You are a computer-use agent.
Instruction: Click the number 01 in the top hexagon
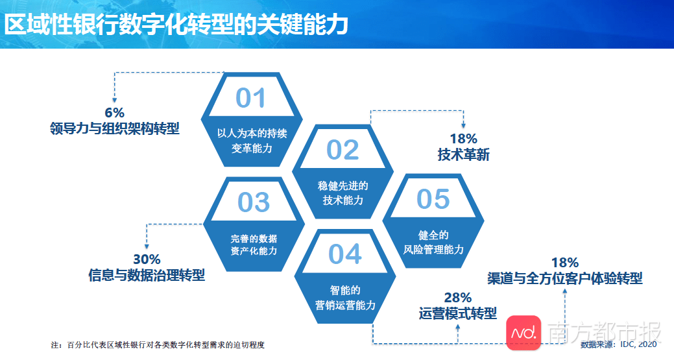point(250,98)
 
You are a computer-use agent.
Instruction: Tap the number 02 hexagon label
point(342,150)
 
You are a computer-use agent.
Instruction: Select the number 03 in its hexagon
point(254,202)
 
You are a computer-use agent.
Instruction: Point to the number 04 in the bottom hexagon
point(344,254)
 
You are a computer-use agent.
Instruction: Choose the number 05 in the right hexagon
point(433,199)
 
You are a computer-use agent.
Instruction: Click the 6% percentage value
point(114,113)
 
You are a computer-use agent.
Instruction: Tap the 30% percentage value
point(147,259)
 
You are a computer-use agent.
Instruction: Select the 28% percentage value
point(458,297)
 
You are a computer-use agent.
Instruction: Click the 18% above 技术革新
point(463,139)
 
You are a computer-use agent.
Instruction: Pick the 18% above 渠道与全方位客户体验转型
point(565,263)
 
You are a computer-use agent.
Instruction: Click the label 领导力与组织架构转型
point(114,128)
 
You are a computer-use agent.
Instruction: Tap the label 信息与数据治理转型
point(147,275)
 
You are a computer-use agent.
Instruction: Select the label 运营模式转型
point(458,313)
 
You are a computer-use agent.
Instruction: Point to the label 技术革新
point(463,154)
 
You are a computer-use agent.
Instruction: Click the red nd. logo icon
point(524,333)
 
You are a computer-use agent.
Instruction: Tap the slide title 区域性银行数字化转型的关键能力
point(176,24)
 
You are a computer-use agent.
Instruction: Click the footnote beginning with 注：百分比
point(158,345)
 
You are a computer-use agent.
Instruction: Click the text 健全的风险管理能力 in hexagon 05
point(433,243)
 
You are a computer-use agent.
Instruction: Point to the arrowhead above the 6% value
point(114,100)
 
